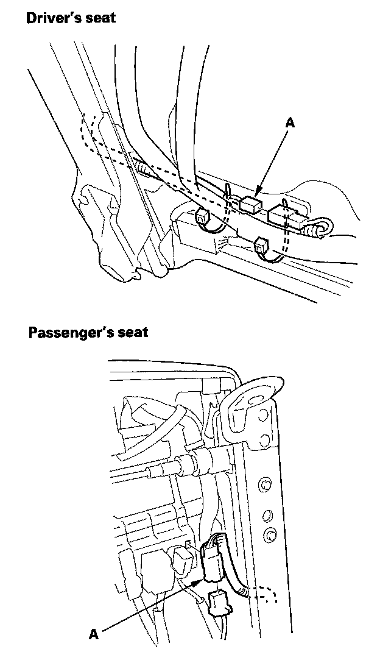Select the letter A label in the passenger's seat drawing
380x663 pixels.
click(x=94, y=634)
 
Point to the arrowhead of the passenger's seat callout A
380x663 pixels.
click(x=205, y=581)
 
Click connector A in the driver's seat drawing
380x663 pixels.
click(x=250, y=204)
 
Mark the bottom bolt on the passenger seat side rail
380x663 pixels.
click(x=267, y=536)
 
